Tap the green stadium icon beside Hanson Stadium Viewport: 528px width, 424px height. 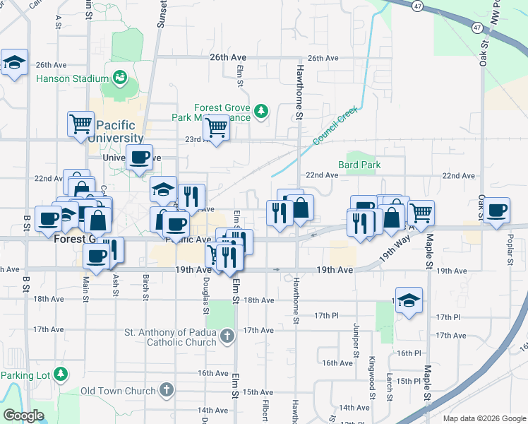tap(119, 76)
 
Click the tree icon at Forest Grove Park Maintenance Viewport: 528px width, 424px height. tap(261, 110)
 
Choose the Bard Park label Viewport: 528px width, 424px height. tap(359, 165)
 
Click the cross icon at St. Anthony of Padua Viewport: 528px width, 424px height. tap(227, 336)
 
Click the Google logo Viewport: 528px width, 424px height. tap(23, 416)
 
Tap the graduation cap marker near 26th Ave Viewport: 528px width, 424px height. tap(14, 63)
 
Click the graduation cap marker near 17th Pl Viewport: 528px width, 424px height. tap(409, 300)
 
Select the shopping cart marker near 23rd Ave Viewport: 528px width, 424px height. tap(216, 129)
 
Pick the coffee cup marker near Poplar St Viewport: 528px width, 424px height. tap(496, 210)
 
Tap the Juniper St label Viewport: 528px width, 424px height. tap(354, 339)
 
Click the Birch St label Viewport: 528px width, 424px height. tap(145, 286)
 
